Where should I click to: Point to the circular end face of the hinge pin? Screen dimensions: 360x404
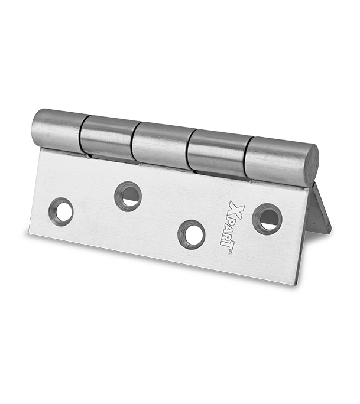pyautogui.click(x=312, y=164)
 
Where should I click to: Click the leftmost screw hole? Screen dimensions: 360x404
pyautogui.click(x=61, y=212)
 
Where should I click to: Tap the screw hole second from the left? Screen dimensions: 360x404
pyautogui.click(x=128, y=196)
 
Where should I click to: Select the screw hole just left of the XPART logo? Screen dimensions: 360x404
pyautogui.click(x=191, y=235)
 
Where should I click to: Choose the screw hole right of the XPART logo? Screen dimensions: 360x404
pyautogui.click(x=267, y=219)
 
